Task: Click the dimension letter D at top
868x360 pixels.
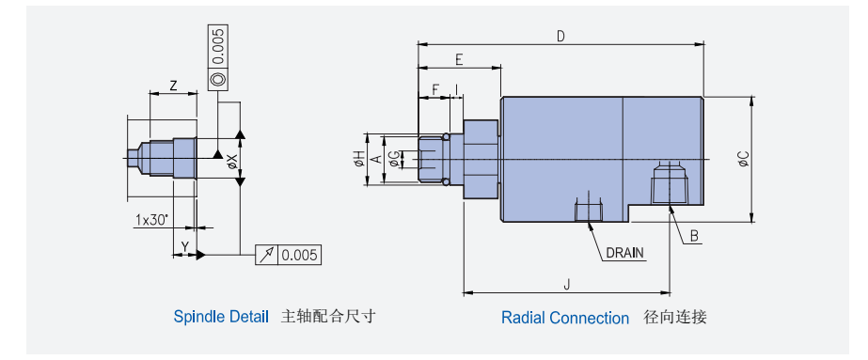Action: coord(560,37)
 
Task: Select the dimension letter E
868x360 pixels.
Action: coord(459,60)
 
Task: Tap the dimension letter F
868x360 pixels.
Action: coord(435,89)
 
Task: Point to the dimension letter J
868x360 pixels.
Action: coord(566,284)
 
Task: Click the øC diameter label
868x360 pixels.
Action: coord(744,159)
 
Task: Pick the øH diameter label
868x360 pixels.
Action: coord(359,159)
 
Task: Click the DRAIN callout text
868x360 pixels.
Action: coord(625,253)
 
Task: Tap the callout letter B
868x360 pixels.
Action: coord(694,236)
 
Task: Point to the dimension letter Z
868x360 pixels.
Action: coord(173,86)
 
